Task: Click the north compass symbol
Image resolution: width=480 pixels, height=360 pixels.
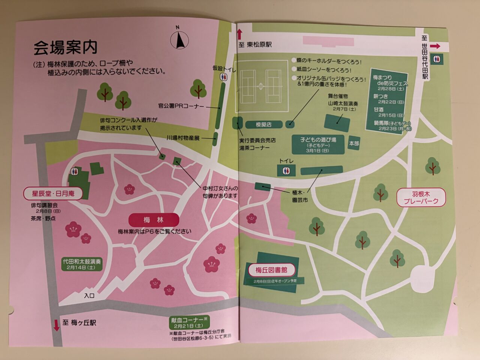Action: pyautogui.click(x=180, y=39)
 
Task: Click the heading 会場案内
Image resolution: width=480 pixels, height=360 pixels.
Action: pyautogui.click(x=65, y=47)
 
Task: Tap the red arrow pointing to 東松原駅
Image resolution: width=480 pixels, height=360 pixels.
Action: pyautogui.click(x=240, y=34)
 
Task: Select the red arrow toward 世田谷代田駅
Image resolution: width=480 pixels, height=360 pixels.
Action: pyautogui.click(x=435, y=46)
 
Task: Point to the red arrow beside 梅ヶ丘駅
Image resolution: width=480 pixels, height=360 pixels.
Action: pyautogui.click(x=57, y=325)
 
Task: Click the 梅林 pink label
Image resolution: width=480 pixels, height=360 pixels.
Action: pyautogui.click(x=153, y=220)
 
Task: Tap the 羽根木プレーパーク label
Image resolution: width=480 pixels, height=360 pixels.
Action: pyautogui.click(x=421, y=198)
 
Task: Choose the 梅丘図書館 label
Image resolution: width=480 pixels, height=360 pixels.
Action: pyautogui.click(x=271, y=270)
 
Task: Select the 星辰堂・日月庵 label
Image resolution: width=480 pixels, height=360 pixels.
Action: pyautogui.click(x=53, y=193)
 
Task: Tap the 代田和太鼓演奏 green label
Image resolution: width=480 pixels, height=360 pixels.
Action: pyautogui.click(x=82, y=264)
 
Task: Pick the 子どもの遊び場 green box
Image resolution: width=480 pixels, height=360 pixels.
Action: pyautogui.click(x=318, y=144)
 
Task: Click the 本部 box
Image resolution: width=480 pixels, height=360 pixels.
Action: pyautogui.click(x=354, y=143)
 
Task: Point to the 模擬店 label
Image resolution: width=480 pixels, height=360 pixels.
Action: pyautogui.click(x=264, y=124)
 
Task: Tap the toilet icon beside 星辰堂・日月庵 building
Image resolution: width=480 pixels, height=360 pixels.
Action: pyautogui.click(x=74, y=171)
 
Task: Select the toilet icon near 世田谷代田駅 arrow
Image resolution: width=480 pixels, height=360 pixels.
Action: pyautogui.click(x=437, y=59)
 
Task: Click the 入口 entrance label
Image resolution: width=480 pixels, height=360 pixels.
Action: pyautogui.click(x=89, y=295)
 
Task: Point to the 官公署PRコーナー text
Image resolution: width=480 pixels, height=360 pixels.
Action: pyautogui.click(x=181, y=106)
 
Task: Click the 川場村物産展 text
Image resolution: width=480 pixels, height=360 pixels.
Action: pyautogui.click(x=183, y=138)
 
